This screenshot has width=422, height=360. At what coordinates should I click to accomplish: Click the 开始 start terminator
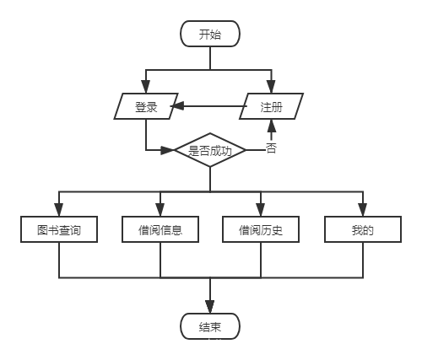tap(210, 34)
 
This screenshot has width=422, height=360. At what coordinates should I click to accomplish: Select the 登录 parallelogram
tap(146, 107)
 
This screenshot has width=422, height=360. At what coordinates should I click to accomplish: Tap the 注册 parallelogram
tap(271, 107)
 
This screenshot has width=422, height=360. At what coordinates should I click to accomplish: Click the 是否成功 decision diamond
tap(210, 150)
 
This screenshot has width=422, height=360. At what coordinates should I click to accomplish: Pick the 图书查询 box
tap(59, 229)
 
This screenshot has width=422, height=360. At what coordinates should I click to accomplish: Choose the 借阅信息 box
tap(160, 229)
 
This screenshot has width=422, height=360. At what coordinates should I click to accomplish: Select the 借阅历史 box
tap(261, 229)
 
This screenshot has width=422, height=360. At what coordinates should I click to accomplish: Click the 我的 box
tap(362, 229)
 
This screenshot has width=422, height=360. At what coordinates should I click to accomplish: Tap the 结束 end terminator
tap(210, 326)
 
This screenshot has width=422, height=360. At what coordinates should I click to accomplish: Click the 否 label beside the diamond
tap(271, 148)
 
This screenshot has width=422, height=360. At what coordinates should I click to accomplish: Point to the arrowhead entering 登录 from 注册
tap(178, 107)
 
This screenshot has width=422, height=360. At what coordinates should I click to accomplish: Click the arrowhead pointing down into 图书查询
tap(59, 211)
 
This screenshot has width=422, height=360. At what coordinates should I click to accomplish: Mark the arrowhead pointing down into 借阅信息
tap(160, 211)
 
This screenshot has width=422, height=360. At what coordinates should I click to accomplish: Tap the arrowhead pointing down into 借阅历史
tap(261, 211)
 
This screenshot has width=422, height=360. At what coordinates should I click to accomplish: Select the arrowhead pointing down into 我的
tap(362, 211)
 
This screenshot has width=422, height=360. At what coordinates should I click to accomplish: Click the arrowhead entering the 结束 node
tap(210, 308)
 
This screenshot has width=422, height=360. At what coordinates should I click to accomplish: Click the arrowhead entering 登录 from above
tap(146, 88)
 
